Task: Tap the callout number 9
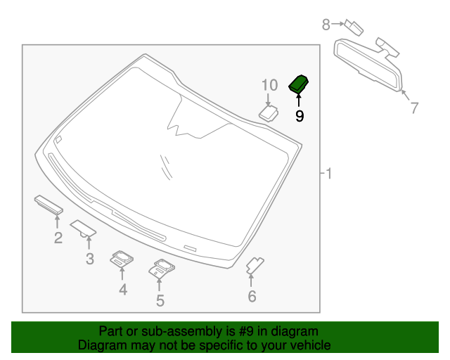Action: [300, 116]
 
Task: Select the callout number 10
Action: [270, 86]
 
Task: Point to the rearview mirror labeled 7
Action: [368, 66]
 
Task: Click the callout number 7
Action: [414, 108]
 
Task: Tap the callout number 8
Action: [326, 25]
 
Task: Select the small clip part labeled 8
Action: [354, 27]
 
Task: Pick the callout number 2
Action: [58, 238]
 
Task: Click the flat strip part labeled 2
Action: [49, 205]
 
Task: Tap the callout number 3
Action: [89, 259]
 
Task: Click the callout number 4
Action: [122, 289]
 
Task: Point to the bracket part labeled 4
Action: [122, 259]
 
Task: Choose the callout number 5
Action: [160, 301]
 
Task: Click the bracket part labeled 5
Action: [161, 268]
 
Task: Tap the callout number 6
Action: [252, 297]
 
